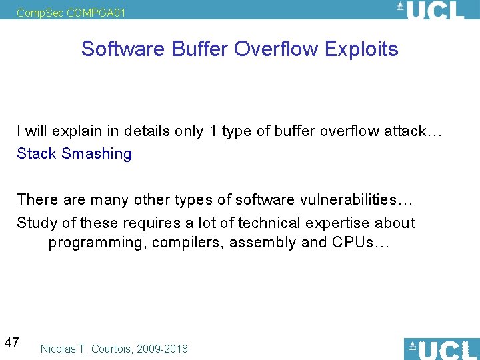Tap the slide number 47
(x=11, y=343)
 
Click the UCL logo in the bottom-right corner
(x=441, y=349)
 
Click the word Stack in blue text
(x=37, y=154)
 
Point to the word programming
(x=95, y=243)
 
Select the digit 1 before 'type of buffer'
(x=213, y=131)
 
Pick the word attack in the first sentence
(x=406, y=131)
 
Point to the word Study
(x=37, y=223)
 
